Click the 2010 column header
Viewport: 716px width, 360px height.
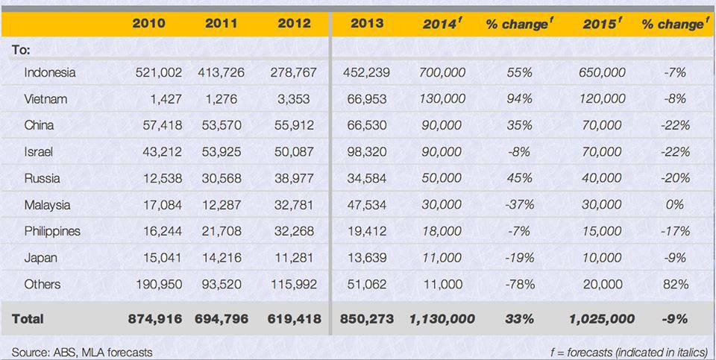149,23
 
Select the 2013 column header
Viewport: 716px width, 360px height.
367,23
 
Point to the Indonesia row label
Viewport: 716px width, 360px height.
50,72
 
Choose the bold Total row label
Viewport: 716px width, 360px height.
28,318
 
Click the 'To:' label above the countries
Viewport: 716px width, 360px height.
21,49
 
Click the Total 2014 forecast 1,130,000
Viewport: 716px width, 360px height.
442,319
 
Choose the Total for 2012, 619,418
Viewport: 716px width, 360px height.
294,319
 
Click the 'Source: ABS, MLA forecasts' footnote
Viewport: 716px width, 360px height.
82,351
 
